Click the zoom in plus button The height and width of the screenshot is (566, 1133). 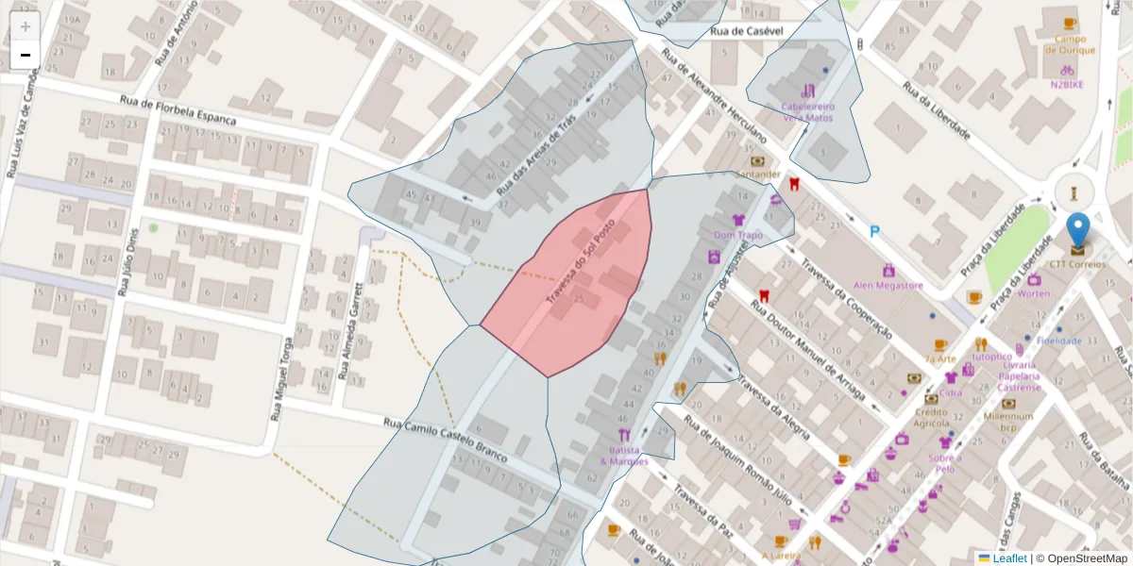25,26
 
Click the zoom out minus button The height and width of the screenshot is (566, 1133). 25,55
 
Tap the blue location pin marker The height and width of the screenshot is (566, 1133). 1077,232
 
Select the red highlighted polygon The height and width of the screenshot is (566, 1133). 576,283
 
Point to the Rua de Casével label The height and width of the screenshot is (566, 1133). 747,32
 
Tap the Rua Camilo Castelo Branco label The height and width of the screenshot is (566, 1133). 446,440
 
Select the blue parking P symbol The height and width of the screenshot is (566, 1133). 875,230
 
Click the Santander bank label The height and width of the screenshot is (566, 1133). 758,174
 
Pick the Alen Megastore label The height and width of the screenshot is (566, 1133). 888,285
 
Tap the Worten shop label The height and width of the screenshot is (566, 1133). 1034,293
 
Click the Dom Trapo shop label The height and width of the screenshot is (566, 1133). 737,234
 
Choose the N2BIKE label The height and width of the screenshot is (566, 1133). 1067,84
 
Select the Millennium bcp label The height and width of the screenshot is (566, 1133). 1007,421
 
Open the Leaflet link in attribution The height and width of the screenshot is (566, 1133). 1009,558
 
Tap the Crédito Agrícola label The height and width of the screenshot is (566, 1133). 931,417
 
